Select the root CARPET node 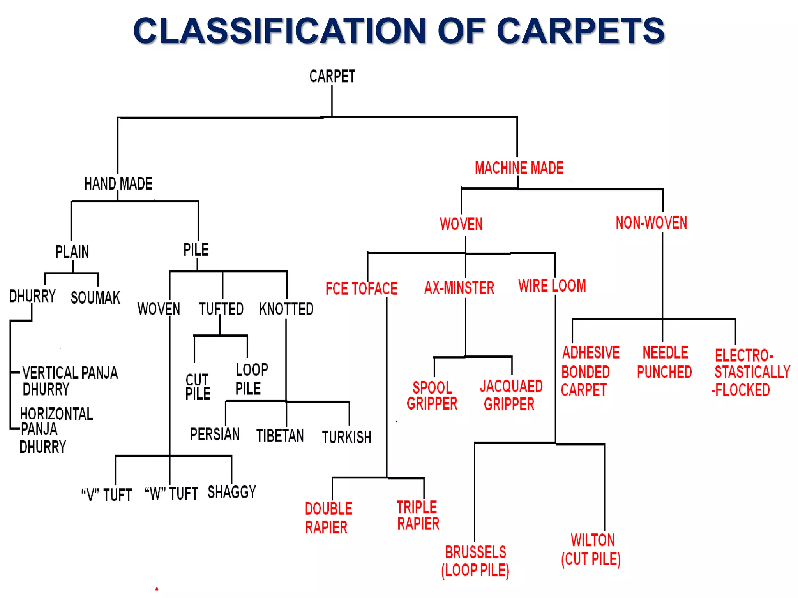(332, 76)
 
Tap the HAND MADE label (118, 183)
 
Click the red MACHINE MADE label (519, 168)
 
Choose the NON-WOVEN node (651, 223)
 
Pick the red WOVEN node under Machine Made (461, 224)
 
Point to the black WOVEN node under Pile (159, 309)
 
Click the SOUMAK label (95, 298)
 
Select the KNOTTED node (286, 309)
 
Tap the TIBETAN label (280, 436)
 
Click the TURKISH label (346, 437)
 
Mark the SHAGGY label (232, 492)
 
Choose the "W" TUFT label (171, 494)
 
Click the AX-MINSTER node (459, 288)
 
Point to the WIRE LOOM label (552, 286)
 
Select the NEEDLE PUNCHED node (664, 362)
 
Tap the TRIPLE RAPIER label (418, 515)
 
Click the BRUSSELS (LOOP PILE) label (475, 561)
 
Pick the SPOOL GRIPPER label (432, 396)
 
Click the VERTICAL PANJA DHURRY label (69, 381)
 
